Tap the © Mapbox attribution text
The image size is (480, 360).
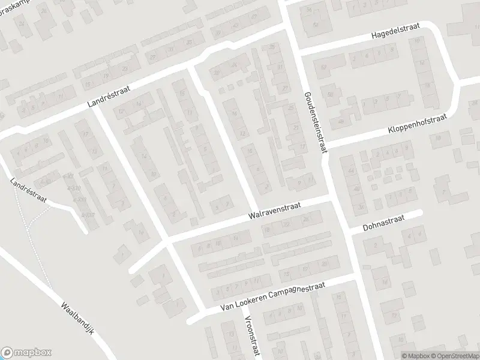(414, 356)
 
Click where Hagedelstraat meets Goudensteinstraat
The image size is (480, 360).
(296, 50)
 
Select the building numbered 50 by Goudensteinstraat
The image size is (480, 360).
(329, 94)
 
